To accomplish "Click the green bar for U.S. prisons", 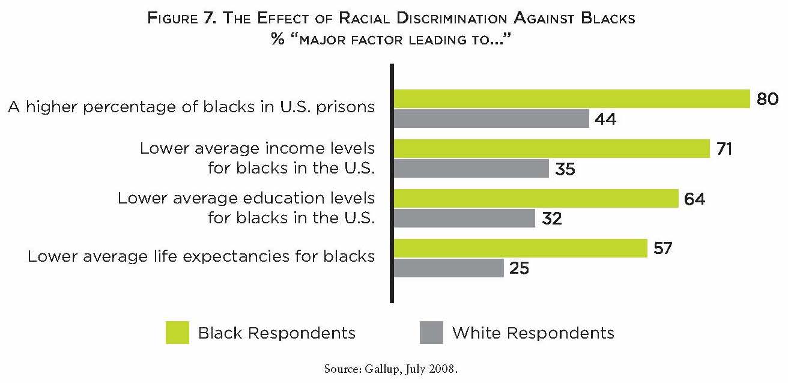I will click(x=572, y=98).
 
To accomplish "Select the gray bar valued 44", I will click(x=491, y=119).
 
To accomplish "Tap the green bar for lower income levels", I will click(x=551, y=148).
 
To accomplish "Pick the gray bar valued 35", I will click(x=471, y=169).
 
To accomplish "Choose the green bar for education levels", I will click(x=536, y=198).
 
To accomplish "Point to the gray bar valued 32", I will click(x=464, y=219).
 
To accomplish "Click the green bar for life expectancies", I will click(x=520, y=248).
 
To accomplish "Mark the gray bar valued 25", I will click(x=449, y=268).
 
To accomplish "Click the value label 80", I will click(x=768, y=98).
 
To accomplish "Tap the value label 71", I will click(x=725, y=148).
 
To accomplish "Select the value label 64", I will click(x=694, y=198).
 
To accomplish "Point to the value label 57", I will click(x=663, y=248).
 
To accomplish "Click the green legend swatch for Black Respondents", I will click(x=177, y=333).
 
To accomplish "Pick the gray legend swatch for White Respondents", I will click(x=431, y=333).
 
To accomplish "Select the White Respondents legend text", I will click(x=533, y=333).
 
